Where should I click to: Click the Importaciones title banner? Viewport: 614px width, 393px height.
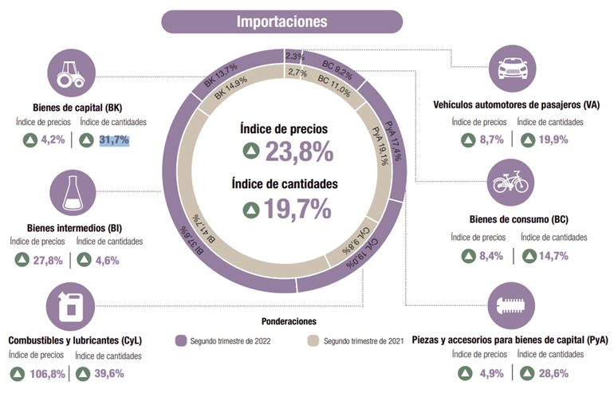click(281, 21)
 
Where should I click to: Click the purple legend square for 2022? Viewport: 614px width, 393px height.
click(180, 341)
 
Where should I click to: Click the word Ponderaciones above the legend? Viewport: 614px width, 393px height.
click(289, 321)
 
